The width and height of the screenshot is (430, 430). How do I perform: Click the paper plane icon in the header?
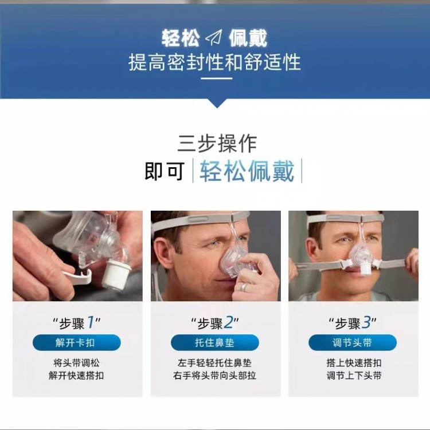214,38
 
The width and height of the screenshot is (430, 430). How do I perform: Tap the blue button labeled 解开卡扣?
77,342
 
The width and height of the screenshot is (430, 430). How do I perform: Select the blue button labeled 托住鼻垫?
215,342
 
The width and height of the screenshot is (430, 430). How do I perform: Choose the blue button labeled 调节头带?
353,342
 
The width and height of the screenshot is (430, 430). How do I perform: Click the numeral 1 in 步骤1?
91,322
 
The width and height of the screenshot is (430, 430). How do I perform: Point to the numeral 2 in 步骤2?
228,322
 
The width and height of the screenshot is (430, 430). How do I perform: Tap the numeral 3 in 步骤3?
366,322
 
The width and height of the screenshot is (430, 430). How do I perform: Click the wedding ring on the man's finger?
244,287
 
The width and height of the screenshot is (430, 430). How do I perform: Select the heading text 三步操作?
217,143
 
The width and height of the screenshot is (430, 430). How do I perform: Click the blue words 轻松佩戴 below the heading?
247,171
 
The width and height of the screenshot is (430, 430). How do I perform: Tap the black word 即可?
165,171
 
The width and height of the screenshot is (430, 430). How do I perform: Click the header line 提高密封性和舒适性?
215,62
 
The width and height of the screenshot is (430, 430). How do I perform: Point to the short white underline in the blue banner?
217,78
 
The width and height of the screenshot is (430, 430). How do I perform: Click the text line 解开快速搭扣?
77,376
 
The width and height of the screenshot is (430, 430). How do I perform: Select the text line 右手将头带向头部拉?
215,376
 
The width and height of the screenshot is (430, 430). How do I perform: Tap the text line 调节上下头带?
354,376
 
